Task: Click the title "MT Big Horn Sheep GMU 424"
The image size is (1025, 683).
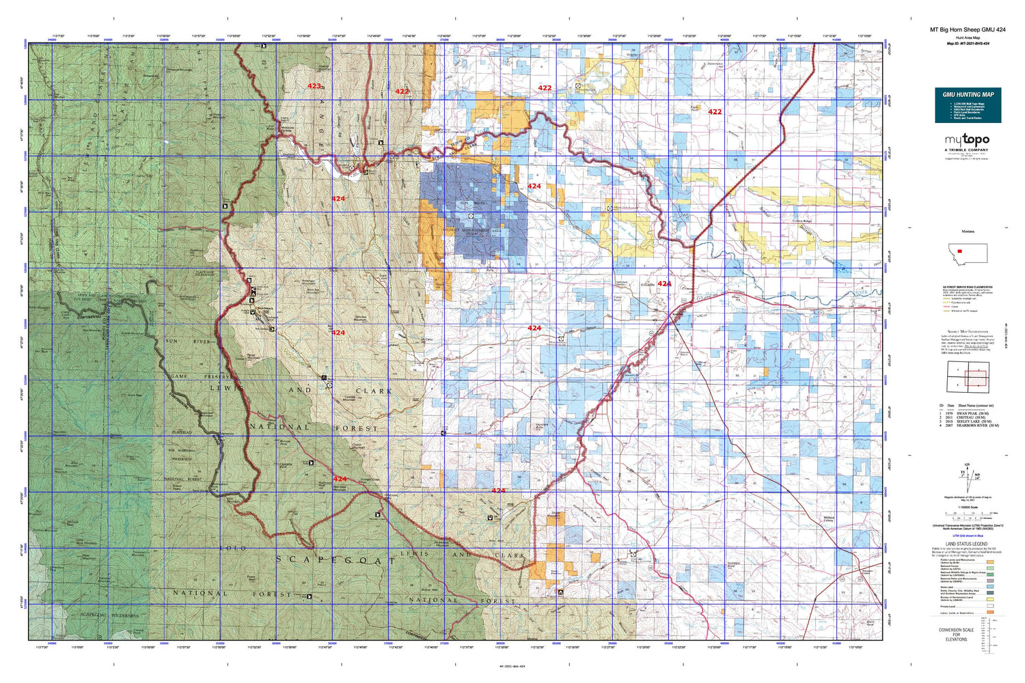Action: [967, 30]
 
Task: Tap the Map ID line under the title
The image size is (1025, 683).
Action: [968, 43]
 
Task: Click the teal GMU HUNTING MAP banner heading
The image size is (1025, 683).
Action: [968, 94]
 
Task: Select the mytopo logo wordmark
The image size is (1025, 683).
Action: [967, 140]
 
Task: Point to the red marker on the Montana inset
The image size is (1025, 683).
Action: [960, 251]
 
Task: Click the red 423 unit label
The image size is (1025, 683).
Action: [314, 86]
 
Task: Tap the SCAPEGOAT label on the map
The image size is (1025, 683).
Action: [335, 560]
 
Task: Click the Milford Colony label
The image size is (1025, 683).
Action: [829, 520]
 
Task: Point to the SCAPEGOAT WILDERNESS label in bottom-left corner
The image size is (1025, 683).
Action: [102, 615]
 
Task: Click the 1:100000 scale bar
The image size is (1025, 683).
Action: [968, 513]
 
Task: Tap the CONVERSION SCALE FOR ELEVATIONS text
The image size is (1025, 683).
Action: [956, 635]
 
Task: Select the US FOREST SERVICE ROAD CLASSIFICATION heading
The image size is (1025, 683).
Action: [968, 287]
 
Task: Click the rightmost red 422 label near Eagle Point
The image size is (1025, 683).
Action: [715, 111]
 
